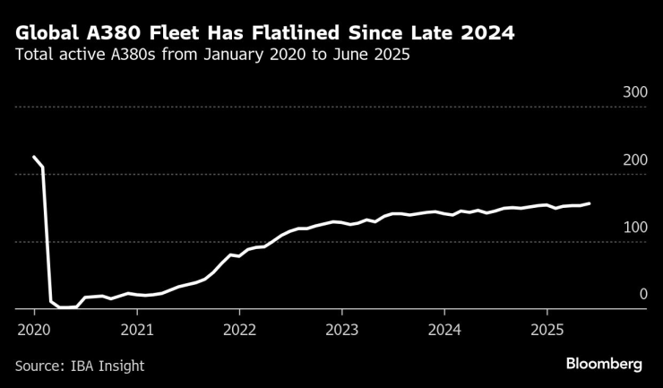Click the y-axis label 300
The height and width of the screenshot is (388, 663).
coord(634,93)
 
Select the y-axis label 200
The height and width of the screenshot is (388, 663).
coord(634,160)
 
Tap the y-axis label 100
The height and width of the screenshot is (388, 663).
coord(634,228)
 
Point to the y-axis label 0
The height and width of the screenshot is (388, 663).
coord(642,295)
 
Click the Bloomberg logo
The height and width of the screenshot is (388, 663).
coord(604,364)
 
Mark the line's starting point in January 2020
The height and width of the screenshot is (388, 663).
coord(34,157)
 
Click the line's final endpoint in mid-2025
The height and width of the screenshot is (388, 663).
coord(589,203)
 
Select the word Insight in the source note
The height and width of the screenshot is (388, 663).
coord(121,366)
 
